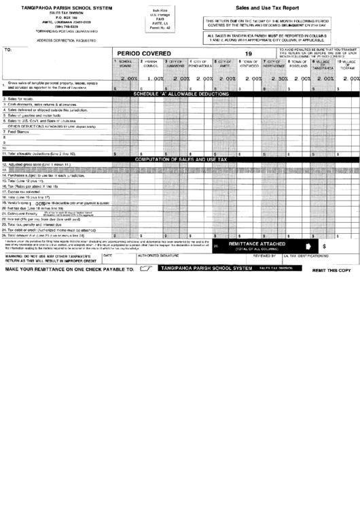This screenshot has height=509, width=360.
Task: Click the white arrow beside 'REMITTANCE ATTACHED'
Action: point(308,245)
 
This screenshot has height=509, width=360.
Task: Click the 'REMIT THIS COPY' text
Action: point(331,270)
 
